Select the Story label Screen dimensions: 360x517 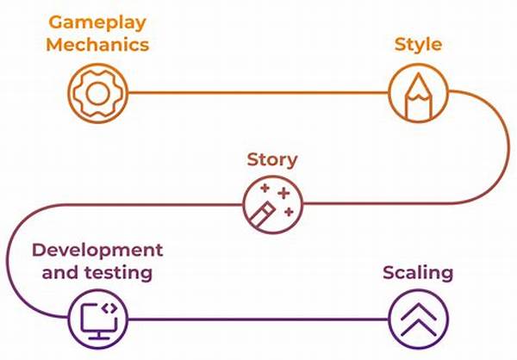click(x=272, y=159)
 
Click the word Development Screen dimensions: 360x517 click(x=97, y=251)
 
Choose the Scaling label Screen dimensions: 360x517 click(x=418, y=274)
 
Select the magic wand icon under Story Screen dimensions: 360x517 click(x=271, y=204)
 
